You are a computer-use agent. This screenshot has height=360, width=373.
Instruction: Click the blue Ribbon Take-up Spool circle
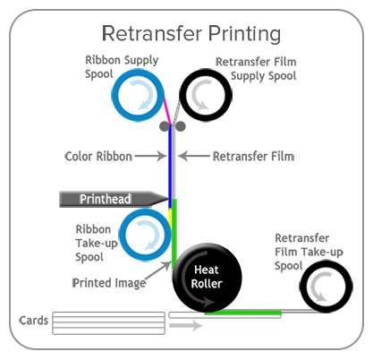click(142, 236)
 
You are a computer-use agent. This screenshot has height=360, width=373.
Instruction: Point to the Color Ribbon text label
click(97, 157)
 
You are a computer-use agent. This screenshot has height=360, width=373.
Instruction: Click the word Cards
click(33, 320)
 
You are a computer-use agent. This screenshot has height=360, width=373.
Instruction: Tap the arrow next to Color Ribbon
click(148, 157)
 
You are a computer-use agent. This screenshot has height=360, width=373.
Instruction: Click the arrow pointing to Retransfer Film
click(191, 157)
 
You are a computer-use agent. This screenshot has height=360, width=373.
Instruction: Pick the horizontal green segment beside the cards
click(242, 313)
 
